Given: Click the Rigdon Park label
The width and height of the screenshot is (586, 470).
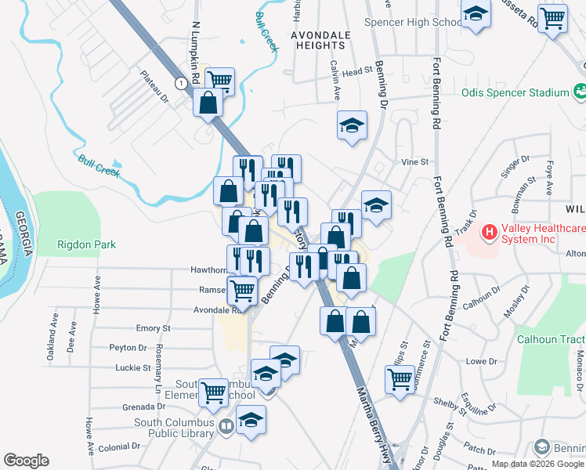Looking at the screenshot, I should point(86,245).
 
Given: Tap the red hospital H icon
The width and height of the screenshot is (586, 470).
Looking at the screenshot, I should point(490,232).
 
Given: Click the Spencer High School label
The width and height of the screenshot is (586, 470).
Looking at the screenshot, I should point(414,22).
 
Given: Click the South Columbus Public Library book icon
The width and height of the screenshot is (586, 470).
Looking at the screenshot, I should point(226,426).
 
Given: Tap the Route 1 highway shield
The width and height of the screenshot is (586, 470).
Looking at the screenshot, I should point(181,82).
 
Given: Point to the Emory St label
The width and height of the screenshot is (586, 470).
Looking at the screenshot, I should point(154,328).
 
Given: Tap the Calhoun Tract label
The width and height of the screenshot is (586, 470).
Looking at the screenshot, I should point(550,339).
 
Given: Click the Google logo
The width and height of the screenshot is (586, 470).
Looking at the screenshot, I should point(26,461).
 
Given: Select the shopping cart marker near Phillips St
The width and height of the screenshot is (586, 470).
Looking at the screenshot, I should point(400,380).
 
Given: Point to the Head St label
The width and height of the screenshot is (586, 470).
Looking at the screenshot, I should point(356,71).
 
